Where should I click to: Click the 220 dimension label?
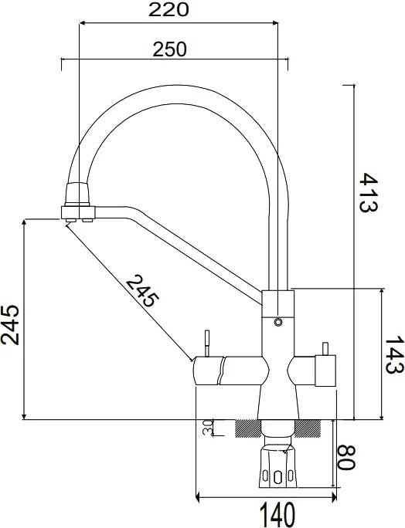pyautogui.click(x=168, y=10)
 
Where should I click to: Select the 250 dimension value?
pyautogui.click(x=169, y=49)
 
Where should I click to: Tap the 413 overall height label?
pyautogui.click(x=368, y=192)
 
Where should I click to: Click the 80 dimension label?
pyautogui.click(x=346, y=457)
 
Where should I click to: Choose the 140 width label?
pyautogui.click(x=277, y=514)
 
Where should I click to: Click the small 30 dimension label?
pyautogui.click(x=208, y=428)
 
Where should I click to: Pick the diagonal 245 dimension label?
pyautogui.click(x=142, y=290)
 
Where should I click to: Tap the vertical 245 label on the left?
pyautogui.click(x=10, y=325)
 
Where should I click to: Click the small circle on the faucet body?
pyautogui.click(x=278, y=322)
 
